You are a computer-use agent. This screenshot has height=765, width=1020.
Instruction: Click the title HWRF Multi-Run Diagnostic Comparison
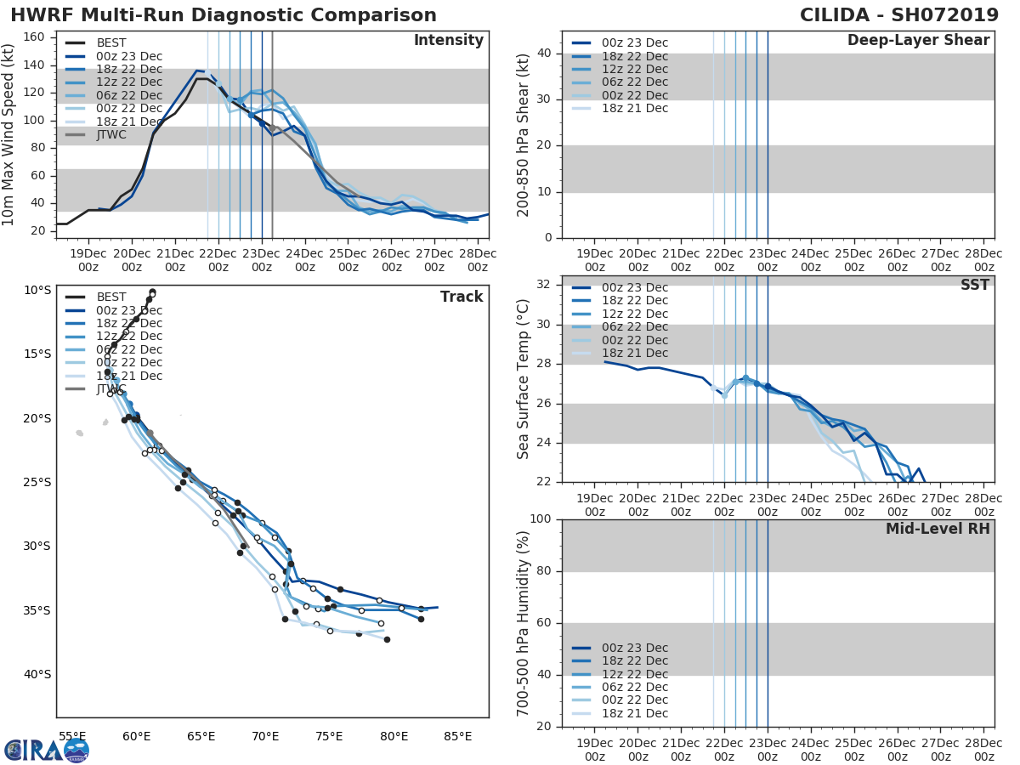point(224,15)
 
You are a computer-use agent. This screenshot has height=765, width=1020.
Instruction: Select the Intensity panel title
point(448,41)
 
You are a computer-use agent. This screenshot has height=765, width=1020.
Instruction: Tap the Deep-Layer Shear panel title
point(918,41)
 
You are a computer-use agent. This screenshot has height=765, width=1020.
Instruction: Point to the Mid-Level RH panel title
point(938,529)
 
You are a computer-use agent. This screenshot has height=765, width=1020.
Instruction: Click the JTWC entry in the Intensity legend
point(114,134)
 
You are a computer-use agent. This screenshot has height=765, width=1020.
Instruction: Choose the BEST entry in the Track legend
point(112,297)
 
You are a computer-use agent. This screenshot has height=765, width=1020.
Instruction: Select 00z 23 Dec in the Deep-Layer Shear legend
point(632,42)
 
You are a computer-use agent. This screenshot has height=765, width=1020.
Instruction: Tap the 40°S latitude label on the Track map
point(37,675)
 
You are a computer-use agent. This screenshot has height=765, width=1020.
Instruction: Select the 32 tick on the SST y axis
point(544,284)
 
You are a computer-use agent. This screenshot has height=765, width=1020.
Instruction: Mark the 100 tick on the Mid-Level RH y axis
point(541,519)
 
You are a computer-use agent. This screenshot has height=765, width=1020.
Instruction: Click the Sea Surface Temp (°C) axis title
point(524,379)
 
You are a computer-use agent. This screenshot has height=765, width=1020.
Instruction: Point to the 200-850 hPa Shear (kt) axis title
point(524,134)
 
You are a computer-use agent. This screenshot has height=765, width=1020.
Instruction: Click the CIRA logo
point(47,750)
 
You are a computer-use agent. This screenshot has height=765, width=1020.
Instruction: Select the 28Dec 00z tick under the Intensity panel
point(478,259)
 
